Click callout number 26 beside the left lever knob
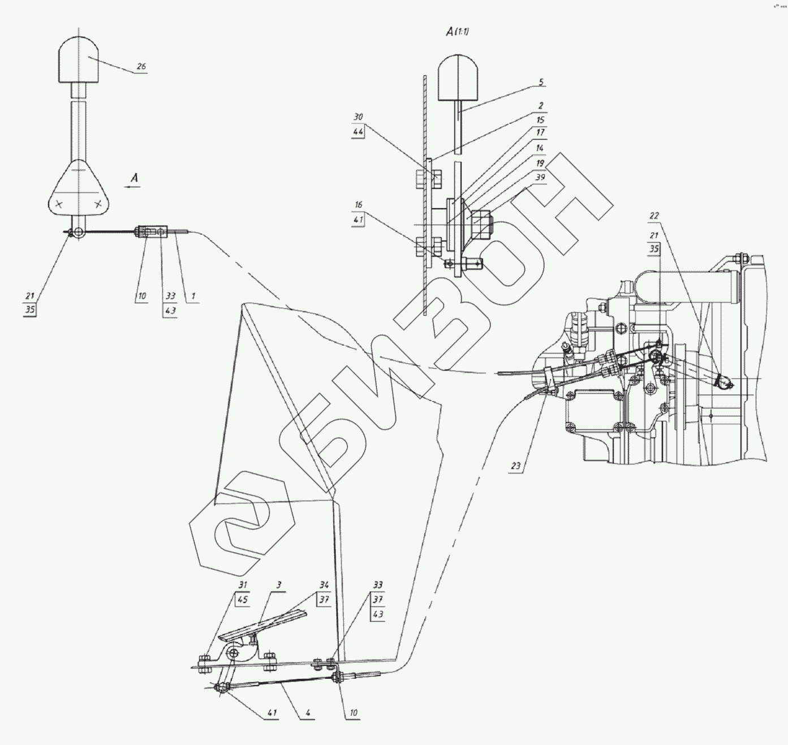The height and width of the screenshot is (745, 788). [x=141, y=67]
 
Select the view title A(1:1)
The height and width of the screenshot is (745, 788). [x=457, y=32]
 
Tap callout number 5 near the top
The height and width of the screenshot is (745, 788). [x=541, y=82]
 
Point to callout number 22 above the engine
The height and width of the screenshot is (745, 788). [x=654, y=216]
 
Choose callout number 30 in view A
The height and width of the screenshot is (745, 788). [x=358, y=117]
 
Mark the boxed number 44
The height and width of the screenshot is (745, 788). [x=358, y=131]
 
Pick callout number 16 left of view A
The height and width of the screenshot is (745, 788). [x=358, y=205]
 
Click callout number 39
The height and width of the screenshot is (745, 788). [x=540, y=177]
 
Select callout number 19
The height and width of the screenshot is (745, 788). [x=540, y=163]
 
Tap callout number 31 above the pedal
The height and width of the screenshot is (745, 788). [x=243, y=584]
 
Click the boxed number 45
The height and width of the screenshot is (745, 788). [x=243, y=600]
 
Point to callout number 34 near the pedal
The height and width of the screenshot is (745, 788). [x=324, y=584]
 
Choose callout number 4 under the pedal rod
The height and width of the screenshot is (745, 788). [x=308, y=713]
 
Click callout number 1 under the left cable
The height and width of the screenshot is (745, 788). [x=193, y=296]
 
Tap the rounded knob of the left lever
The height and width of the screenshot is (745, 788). [x=79, y=59]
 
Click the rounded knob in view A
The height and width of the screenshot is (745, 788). [x=458, y=78]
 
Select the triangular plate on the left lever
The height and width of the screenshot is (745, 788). [x=79, y=188]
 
